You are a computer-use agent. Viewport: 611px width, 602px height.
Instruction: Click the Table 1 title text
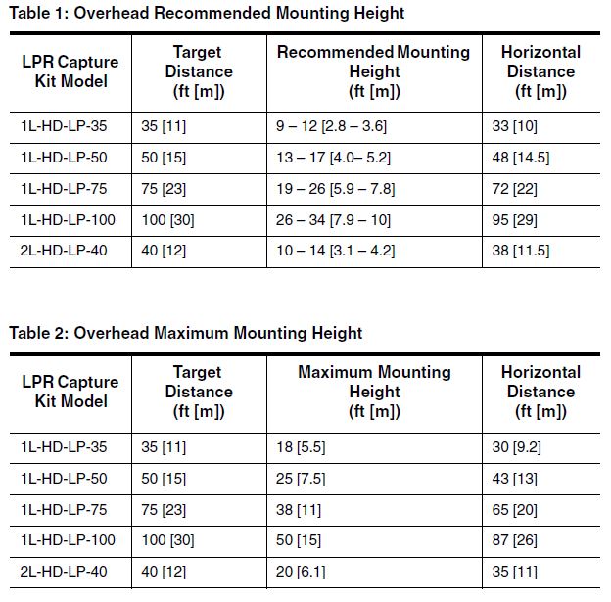point(207,13)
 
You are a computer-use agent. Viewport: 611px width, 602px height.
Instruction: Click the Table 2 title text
point(185,333)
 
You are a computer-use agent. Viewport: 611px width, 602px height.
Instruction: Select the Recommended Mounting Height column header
point(374,71)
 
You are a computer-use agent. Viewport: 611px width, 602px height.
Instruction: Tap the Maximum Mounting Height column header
point(374,392)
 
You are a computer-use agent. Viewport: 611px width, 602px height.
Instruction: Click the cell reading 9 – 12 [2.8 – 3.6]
point(331,126)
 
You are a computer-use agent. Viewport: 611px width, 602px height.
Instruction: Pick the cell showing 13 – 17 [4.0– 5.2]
point(333,158)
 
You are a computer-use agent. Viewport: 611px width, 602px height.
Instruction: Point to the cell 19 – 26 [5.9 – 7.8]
point(335,189)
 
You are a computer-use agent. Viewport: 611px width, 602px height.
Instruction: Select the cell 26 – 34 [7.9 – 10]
point(333,220)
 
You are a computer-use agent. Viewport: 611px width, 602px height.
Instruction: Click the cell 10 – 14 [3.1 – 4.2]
point(335,251)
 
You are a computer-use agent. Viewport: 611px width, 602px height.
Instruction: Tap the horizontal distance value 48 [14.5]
point(521,158)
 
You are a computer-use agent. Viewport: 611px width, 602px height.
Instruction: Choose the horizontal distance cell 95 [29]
point(514,220)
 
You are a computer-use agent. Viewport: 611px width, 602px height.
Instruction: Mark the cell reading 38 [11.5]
point(521,251)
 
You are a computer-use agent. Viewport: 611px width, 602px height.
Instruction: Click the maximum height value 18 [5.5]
point(301,447)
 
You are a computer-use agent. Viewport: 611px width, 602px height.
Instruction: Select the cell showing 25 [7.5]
point(301,479)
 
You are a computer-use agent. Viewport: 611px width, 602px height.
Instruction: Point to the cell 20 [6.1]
point(301,572)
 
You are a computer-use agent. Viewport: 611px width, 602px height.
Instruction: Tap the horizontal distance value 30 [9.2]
point(516,447)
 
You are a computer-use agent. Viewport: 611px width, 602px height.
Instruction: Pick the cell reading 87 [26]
point(514,540)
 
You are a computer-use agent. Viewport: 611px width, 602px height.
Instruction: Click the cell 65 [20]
point(514,510)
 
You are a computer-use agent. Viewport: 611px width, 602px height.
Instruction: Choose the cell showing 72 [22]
point(514,189)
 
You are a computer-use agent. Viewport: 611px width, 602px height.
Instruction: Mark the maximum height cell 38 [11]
point(299,510)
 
